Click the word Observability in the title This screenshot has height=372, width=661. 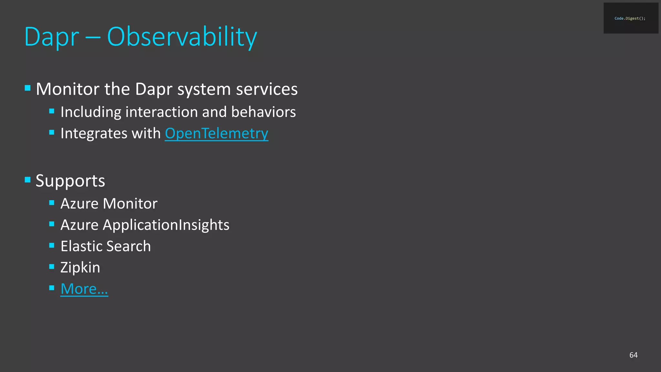(x=182, y=37)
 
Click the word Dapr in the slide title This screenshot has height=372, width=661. (x=52, y=37)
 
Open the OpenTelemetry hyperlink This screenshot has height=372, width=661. (x=216, y=133)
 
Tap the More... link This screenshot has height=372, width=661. (x=84, y=289)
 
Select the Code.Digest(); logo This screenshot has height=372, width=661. (x=631, y=18)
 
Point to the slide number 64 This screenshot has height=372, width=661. (x=633, y=355)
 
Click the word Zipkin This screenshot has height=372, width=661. (x=80, y=267)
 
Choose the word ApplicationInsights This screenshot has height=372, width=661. (x=166, y=225)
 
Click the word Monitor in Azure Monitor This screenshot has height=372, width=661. (x=130, y=204)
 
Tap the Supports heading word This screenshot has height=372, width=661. (x=70, y=181)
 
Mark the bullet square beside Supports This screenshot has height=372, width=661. (x=28, y=180)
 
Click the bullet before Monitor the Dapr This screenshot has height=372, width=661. (x=28, y=88)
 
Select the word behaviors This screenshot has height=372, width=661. (x=263, y=112)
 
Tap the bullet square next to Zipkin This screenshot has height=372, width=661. (x=52, y=267)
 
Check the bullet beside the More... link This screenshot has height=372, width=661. (x=52, y=288)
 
